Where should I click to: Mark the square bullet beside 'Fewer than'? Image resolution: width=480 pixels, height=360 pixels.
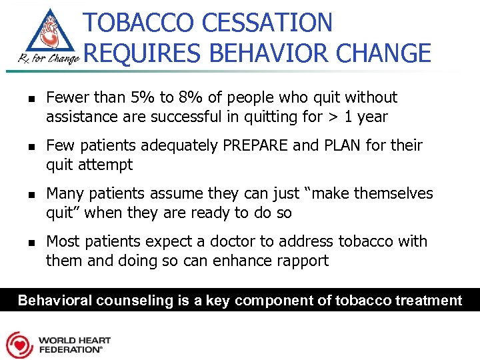click(x=23, y=99)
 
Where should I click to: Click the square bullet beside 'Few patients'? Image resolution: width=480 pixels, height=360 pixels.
click(x=23, y=147)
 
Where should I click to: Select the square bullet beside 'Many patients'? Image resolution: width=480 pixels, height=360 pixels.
click(x=23, y=195)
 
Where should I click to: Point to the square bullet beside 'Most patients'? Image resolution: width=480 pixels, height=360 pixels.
click(x=23, y=243)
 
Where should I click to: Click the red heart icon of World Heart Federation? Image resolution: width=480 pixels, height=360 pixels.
click(x=20, y=345)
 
